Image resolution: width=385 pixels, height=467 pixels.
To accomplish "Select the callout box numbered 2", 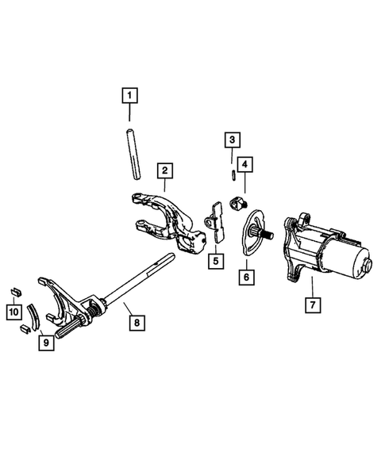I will click(x=164, y=170).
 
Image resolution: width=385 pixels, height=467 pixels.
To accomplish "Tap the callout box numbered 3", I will click(x=231, y=140).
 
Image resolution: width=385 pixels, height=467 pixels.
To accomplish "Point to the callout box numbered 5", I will click(x=214, y=258).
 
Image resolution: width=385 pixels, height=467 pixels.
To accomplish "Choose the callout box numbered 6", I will click(x=246, y=277).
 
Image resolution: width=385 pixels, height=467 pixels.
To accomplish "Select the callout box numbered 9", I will click(x=48, y=343).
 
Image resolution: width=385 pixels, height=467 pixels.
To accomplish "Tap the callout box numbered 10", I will click(x=13, y=313).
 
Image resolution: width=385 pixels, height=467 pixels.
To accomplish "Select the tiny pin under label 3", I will click(x=231, y=173).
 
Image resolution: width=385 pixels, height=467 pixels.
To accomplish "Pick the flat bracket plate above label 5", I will click(x=214, y=223).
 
